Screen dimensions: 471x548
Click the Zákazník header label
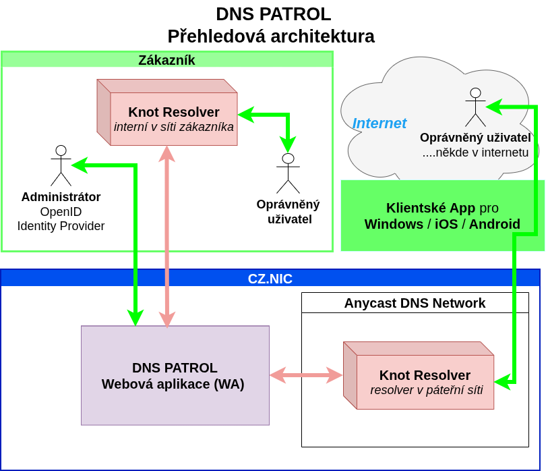[x=166, y=60]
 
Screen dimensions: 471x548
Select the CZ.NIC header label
[x=270, y=279]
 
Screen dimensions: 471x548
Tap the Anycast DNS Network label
[x=415, y=303]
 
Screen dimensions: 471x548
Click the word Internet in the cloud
[x=379, y=123]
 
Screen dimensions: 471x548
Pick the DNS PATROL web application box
[x=175, y=376]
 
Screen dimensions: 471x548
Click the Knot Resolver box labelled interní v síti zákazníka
[x=173, y=119]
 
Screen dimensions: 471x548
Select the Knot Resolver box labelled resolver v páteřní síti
[x=425, y=383]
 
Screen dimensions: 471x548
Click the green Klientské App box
[x=442, y=216]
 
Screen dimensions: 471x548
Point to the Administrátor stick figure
[x=61, y=165]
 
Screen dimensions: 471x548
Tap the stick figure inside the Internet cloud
[x=475, y=107]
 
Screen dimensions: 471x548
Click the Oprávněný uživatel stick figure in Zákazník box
[x=288, y=173]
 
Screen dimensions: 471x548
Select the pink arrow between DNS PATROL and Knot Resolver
[x=306, y=375]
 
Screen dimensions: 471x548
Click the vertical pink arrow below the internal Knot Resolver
[x=166, y=236]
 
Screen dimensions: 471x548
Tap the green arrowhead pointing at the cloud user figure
[x=493, y=107]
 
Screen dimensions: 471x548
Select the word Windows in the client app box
[x=394, y=224]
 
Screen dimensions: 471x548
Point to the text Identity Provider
[x=61, y=226]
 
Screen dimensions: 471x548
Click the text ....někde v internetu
[x=475, y=153]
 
